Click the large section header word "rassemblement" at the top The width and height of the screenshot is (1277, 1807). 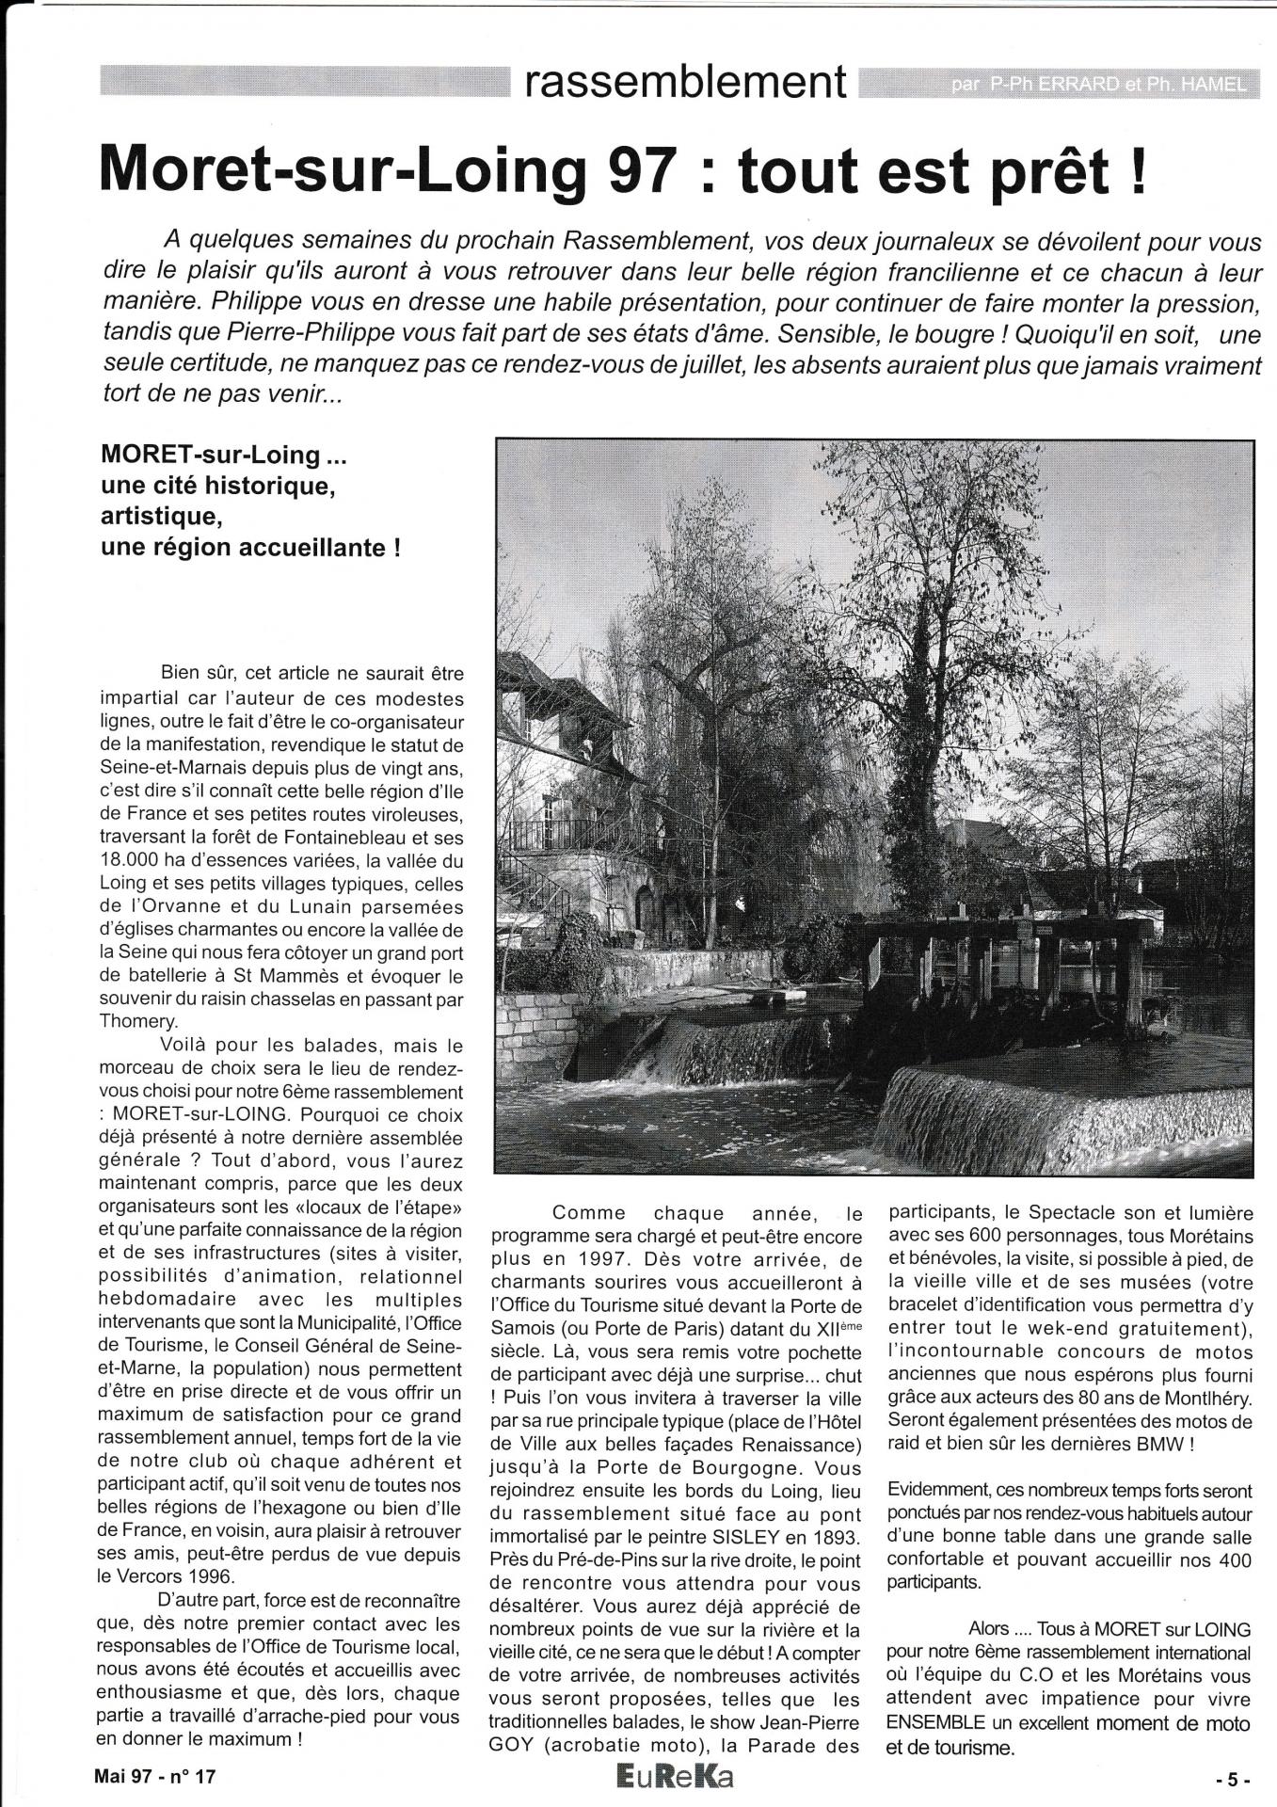point(686,82)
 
